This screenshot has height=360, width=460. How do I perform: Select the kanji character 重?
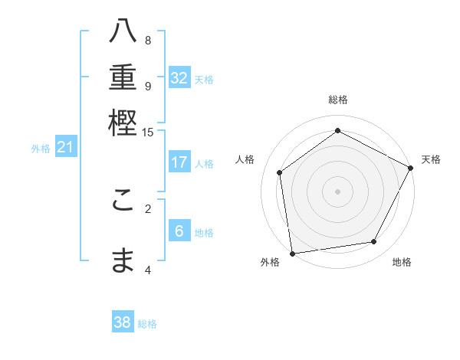click(123, 79)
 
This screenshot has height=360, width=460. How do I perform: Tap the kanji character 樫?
click(123, 123)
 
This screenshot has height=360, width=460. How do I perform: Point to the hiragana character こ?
click(123, 204)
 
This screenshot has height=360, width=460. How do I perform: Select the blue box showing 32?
click(179, 78)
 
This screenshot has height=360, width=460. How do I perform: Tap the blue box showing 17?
click(179, 162)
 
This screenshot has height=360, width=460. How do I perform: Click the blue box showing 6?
click(179, 231)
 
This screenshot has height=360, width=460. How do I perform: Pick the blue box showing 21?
click(65, 148)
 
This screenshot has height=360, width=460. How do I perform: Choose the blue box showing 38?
click(123, 322)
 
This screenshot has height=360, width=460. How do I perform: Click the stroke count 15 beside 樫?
click(148, 133)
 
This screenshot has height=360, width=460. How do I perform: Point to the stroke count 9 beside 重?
click(148, 86)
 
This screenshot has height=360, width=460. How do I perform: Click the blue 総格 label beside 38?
click(147, 324)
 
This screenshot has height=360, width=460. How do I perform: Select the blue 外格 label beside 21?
click(41, 149)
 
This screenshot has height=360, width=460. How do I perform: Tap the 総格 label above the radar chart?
click(337, 100)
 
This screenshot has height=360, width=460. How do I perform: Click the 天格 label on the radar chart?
click(431, 159)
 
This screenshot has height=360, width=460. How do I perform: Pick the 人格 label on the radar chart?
click(245, 159)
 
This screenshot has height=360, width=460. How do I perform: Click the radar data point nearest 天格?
click(412, 168)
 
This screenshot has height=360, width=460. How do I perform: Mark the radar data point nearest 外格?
click(292, 253)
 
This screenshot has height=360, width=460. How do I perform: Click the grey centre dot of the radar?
click(337, 191)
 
